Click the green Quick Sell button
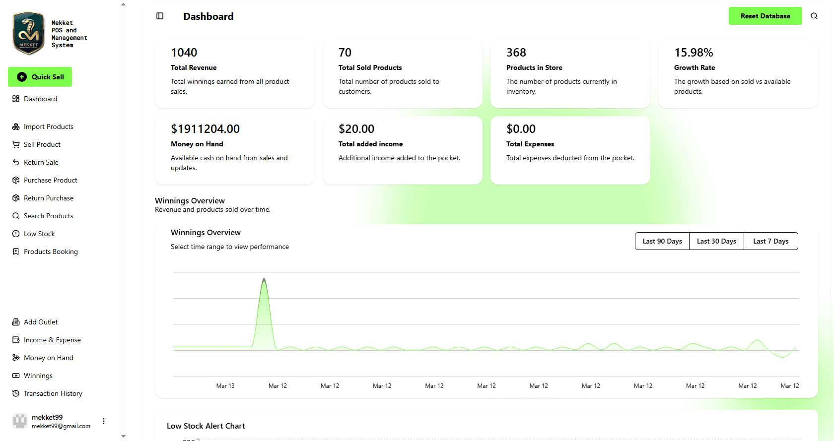[40, 77]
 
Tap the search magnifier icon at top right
[814, 16]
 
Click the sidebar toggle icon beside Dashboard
[160, 16]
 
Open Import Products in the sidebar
[48, 126]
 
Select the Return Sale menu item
[41, 162]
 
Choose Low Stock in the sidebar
[39, 234]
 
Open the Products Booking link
[51, 252]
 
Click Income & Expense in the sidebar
[52, 340]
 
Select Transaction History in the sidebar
[53, 393]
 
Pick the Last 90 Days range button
[662, 241]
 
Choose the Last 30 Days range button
[716, 241]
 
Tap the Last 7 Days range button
[770, 241]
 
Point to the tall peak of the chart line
[264, 279]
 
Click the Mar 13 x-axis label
[225, 386]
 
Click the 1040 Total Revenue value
[184, 53]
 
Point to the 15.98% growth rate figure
[694, 53]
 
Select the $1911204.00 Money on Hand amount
[205, 129]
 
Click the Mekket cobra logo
[28, 33]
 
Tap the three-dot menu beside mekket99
[104, 421]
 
